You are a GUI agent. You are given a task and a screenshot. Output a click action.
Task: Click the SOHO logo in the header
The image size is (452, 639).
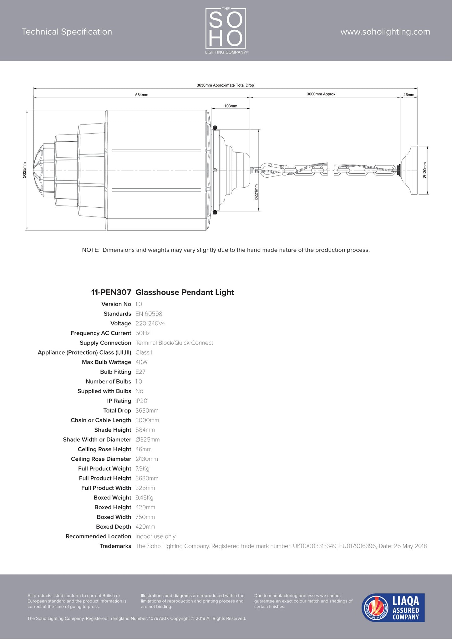coord(226,30)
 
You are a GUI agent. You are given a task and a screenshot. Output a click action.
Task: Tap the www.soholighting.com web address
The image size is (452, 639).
coord(385,32)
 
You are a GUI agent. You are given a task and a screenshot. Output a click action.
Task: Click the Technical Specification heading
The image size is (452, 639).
coord(67,32)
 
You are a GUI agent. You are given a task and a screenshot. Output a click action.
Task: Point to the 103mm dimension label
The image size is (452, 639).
coord(231,106)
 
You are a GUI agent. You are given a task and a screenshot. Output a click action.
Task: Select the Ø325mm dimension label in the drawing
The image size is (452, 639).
coord(24,170)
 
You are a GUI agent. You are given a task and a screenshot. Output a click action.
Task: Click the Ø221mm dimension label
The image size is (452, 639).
coord(256,192)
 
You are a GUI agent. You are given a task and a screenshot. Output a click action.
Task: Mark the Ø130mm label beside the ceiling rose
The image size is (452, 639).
coord(424,170)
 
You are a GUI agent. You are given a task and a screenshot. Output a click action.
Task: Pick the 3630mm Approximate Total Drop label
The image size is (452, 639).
coord(225,85)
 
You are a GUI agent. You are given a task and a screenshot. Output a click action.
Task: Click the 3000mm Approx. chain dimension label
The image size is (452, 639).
coord(321,94)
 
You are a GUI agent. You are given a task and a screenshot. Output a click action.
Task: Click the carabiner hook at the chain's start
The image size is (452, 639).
coord(268,170)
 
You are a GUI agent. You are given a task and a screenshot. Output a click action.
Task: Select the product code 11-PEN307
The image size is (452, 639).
coord(111,292)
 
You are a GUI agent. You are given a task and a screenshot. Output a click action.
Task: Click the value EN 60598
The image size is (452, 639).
coord(149,314)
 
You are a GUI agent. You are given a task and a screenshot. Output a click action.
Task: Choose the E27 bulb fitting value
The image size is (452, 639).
coord(140,372)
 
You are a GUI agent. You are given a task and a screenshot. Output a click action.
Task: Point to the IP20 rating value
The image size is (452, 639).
coord(141,401)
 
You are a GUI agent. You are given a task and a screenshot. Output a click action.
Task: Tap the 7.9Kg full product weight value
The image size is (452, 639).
coord(142,469)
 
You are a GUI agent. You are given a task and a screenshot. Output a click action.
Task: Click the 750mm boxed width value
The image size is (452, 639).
coord(145,517)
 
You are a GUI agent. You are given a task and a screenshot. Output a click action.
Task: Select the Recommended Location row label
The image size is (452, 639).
coord(98,536)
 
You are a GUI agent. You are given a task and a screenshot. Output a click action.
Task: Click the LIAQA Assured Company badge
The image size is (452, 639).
coord(393,607)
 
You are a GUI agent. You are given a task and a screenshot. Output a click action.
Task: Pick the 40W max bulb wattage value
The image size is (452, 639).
coord(141,362)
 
